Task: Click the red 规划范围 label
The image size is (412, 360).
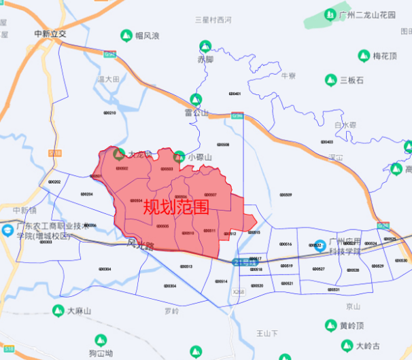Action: coord(176,207)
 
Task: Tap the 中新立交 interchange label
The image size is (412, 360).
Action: coord(50,33)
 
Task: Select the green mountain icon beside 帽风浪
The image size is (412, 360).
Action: coord(126,35)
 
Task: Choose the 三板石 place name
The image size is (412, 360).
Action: coord(357,80)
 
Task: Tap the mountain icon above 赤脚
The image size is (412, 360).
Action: coord(205,46)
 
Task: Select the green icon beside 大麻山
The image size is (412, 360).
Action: coord(57,310)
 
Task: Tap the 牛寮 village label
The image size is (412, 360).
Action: coord(288,75)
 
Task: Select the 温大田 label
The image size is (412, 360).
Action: coord(108,79)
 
